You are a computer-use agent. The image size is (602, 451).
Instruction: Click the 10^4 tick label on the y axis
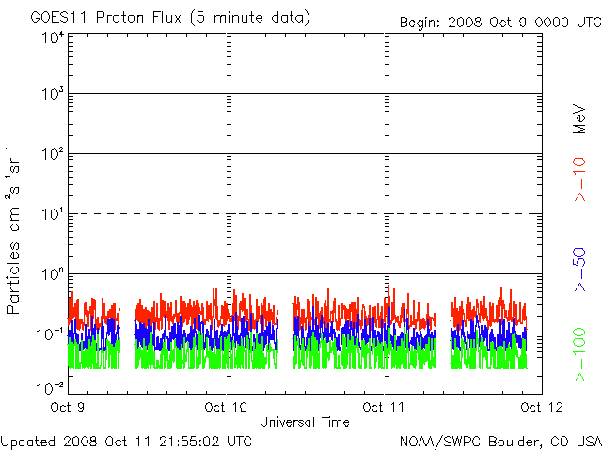pyautogui.click(x=52, y=38)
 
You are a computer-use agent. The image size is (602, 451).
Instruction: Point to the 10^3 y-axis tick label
pyautogui.click(x=52, y=96)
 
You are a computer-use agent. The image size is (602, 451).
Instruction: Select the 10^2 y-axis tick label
pyautogui.click(x=52, y=155)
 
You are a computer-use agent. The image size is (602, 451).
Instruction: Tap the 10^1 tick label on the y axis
pyautogui.click(x=52, y=215)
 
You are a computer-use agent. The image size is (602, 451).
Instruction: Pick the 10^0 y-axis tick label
pyautogui.click(x=52, y=275)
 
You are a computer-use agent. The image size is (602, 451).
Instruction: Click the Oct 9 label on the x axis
pyautogui.click(x=68, y=407)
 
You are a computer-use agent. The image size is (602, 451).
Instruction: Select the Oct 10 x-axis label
pyautogui.click(x=227, y=407)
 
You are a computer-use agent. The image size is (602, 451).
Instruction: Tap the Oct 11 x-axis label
pyautogui.click(x=385, y=407)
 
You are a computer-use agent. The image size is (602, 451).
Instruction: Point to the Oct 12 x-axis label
pyautogui.click(x=540, y=407)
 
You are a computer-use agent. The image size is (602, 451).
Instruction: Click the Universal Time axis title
pyautogui.click(x=305, y=422)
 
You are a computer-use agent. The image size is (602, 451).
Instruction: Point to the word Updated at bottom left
pyautogui.click(x=29, y=440)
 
